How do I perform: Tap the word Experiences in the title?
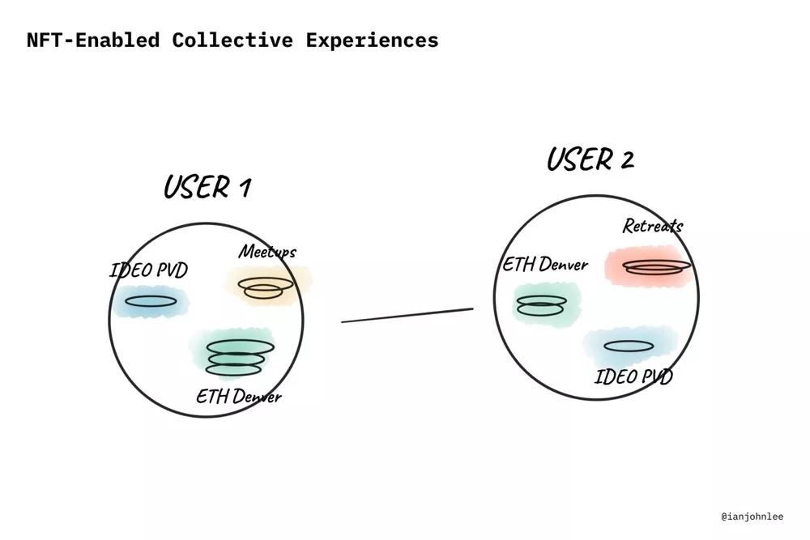click(372, 40)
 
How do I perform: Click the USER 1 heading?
click(207, 187)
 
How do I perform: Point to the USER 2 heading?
click(590, 159)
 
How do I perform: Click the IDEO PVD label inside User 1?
click(148, 270)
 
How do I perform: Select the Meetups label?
click(266, 252)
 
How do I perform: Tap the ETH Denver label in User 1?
click(239, 396)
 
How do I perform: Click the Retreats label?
click(652, 226)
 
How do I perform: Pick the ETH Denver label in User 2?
click(545, 265)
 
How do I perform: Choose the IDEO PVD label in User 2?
click(633, 376)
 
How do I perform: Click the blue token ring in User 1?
click(151, 302)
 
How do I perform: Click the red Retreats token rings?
click(656, 266)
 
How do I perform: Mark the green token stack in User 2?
click(541, 304)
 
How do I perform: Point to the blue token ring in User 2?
click(629, 347)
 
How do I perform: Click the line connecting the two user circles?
click(407, 315)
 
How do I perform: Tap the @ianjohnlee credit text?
click(752, 516)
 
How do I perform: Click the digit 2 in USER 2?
click(627, 160)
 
